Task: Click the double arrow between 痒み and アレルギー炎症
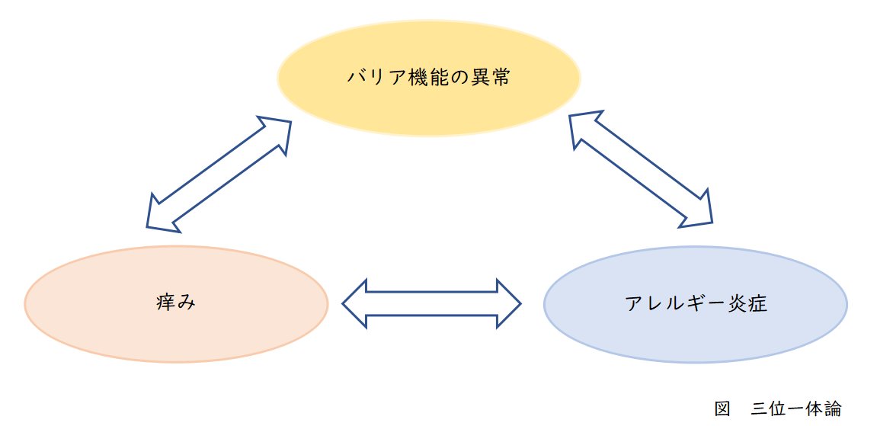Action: (431, 304)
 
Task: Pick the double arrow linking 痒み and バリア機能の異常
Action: (219, 173)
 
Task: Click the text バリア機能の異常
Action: (428, 77)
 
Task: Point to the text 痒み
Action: (176, 303)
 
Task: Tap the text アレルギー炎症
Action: (695, 304)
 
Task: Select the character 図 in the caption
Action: (722, 408)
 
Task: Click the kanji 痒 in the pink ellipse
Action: (166, 303)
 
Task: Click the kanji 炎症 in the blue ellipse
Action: (747, 304)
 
